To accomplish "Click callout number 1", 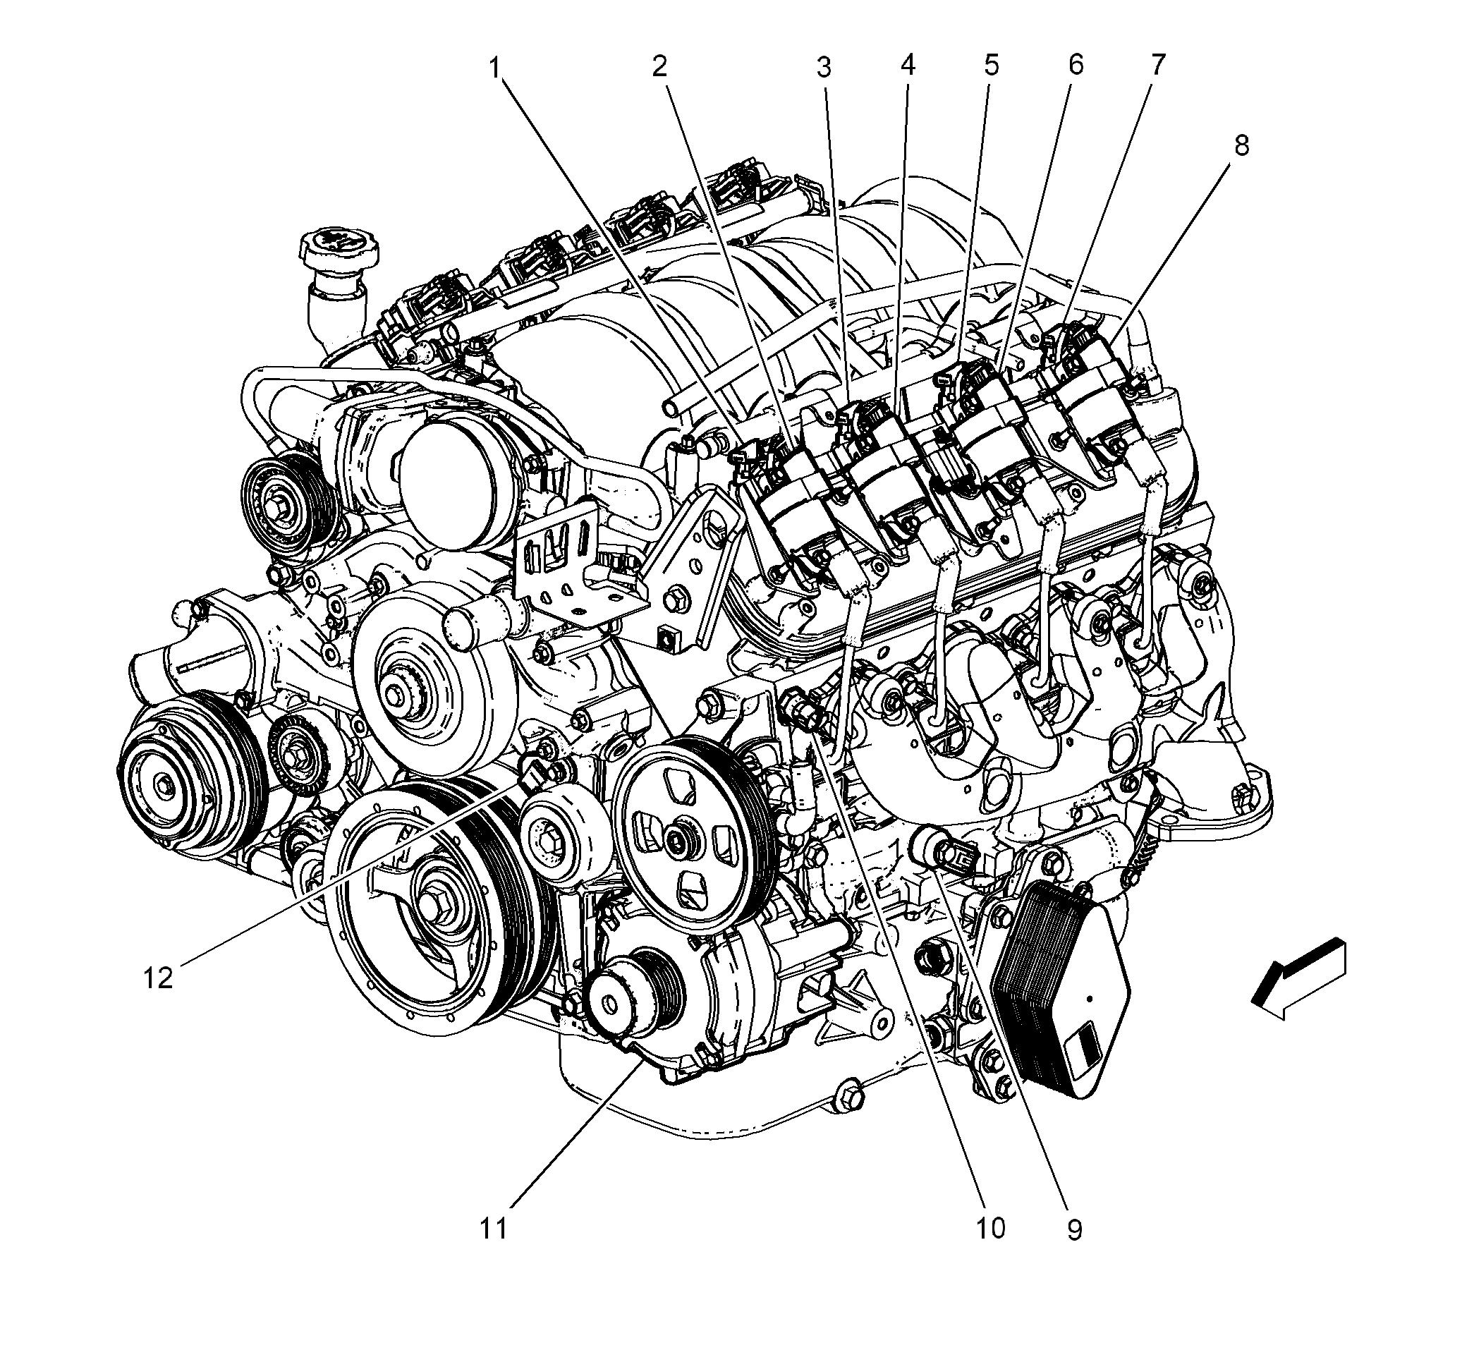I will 496,68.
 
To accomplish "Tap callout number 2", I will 659,66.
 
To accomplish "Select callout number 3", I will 823,68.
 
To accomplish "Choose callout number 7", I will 1158,65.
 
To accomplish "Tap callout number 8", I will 1241,146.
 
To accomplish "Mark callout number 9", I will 1075,1229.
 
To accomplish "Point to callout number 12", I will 158,978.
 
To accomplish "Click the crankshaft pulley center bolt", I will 430,903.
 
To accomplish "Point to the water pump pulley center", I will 398,693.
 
